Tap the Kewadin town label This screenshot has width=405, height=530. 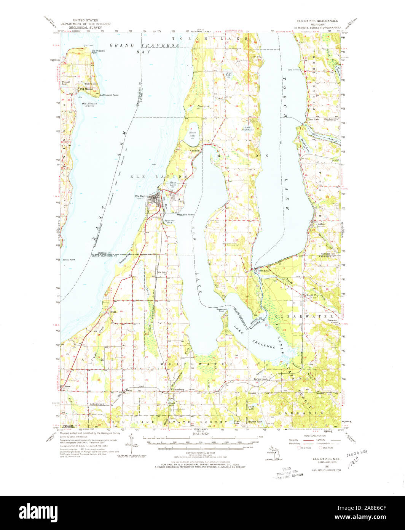pyautogui.click(x=195, y=151)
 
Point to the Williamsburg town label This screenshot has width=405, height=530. pyautogui.click(x=176, y=390)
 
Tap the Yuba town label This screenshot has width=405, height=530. pyautogui.click(x=113, y=312)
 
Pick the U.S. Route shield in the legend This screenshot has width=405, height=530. pyautogui.click(x=298, y=448)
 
